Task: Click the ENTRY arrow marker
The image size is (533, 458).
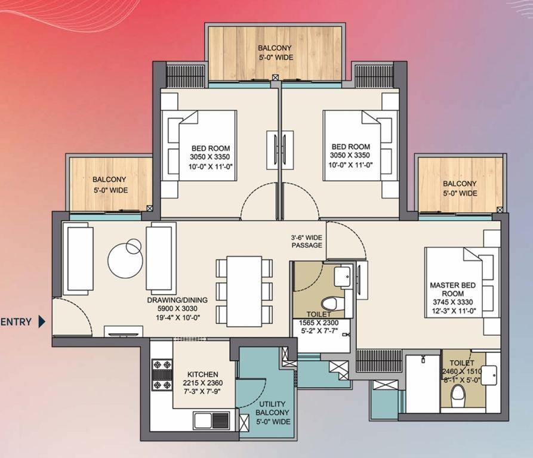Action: click(x=42, y=321)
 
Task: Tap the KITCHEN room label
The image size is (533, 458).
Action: click(x=203, y=375)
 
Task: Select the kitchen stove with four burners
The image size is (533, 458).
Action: click(x=162, y=375)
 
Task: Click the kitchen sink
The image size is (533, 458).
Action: click(x=211, y=420)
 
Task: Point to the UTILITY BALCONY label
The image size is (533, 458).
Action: click(x=272, y=408)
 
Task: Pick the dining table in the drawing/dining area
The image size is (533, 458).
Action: click(x=244, y=291)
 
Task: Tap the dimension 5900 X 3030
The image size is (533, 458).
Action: click(x=177, y=309)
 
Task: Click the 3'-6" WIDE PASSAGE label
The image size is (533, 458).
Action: click(x=307, y=242)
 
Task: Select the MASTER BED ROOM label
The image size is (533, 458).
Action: click(x=453, y=289)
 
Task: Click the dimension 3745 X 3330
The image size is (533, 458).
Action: click(x=453, y=302)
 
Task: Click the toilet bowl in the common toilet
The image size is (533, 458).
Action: click(x=329, y=303)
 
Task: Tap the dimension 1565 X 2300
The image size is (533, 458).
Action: click(x=319, y=323)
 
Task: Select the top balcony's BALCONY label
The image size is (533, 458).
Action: click(x=275, y=48)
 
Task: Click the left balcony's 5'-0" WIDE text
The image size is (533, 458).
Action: click(x=111, y=190)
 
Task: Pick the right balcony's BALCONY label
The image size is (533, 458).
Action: click(x=460, y=184)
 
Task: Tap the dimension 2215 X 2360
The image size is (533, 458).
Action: click(x=203, y=383)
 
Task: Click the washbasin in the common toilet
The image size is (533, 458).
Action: click(x=343, y=276)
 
